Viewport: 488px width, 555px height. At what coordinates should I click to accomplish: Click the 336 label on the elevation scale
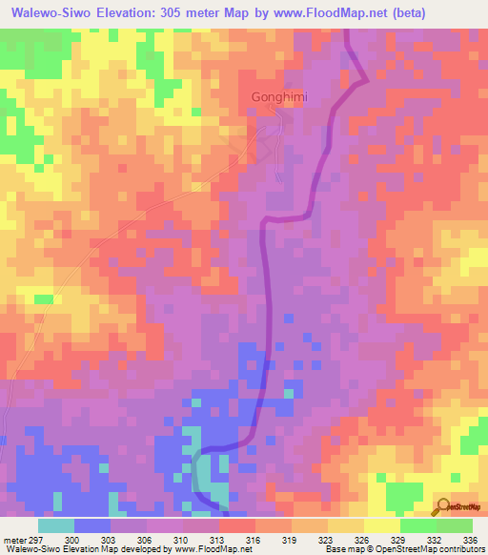tap(466, 539)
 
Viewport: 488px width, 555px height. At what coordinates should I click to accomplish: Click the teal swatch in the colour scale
tap(56, 525)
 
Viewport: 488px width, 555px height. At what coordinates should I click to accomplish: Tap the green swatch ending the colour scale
tap(454, 525)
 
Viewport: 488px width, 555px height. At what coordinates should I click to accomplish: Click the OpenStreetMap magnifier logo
tap(443, 506)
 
